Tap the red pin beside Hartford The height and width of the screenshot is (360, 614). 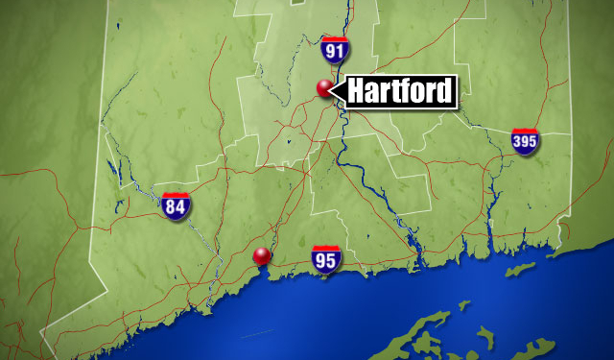point(325,88)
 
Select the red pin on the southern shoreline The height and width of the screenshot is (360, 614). point(261,255)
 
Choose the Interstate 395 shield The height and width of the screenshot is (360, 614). point(524,141)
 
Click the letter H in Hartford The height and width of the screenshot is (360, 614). point(357,92)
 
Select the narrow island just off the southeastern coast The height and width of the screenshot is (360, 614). point(522,270)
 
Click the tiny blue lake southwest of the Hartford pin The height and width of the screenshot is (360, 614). point(287,143)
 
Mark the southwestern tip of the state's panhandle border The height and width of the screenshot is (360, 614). point(42,331)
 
